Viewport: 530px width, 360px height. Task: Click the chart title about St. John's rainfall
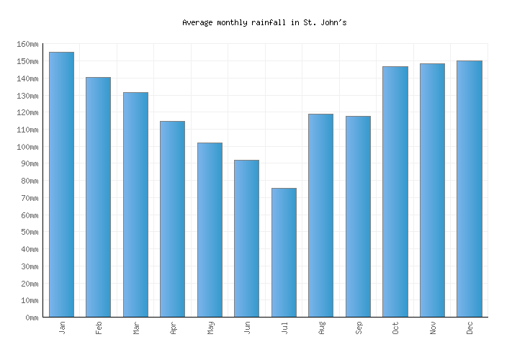click(x=264, y=22)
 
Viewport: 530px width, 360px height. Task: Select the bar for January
click(x=61, y=184)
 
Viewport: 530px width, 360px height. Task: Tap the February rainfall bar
click(x=98, y=197)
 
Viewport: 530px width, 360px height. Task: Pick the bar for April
click(x=172, y=219)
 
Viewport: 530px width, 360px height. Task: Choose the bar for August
click(x=320, y=215)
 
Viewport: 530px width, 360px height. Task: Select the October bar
click(x=395, y=192)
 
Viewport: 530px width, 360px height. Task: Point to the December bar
click(x=469, y=189)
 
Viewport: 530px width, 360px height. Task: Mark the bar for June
click(x=246, y=238)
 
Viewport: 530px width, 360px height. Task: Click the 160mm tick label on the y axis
click(x=27, y=45)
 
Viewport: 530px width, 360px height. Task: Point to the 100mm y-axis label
click(x=27, y=147)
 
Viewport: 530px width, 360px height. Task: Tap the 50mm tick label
click(x=29, y=233)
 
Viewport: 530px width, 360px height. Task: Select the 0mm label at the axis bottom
click(x=31, y=318)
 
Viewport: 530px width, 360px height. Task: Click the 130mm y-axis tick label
click(x=27, y=96)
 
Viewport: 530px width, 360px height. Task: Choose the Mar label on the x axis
click(x=135, y=328)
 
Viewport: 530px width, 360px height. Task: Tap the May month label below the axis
click(x=210, y=328)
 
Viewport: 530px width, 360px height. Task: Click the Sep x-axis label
click(x=358, y=328)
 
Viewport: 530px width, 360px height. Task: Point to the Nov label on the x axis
click(x=432, y=328)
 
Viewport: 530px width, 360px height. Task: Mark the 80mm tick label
click(x=29, y=181)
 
